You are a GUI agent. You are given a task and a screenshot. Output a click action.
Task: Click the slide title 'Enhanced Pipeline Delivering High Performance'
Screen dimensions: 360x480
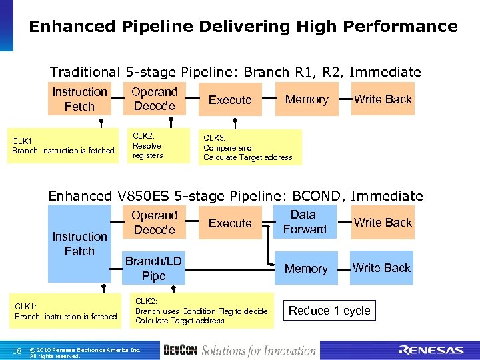pos(243,27)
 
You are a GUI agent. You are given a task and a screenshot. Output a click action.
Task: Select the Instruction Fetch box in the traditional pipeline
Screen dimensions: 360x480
pos(79,99)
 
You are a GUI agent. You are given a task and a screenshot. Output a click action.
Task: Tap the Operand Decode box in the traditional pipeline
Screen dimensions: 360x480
pos(154,99)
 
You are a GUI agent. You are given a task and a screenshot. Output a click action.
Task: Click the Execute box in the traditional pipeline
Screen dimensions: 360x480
pos(230,99)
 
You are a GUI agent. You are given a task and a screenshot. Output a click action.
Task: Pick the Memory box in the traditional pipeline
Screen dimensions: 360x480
pos(306,99)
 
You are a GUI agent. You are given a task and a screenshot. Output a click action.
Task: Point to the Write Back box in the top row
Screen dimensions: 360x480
pos(383,99)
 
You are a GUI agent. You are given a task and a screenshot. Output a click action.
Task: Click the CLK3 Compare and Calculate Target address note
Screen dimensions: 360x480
pos(248,147)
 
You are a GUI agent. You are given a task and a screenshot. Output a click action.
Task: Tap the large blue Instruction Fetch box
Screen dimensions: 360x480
pos(79,243)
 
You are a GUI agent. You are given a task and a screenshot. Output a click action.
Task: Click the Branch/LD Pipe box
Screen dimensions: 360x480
pos(154,268)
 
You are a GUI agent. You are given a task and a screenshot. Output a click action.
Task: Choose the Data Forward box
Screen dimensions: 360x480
pos(304,222)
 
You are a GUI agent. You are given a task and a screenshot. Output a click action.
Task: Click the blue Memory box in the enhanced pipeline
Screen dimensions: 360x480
pos(306,269)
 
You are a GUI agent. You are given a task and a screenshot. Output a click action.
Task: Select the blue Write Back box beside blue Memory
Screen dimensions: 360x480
pos(381,267)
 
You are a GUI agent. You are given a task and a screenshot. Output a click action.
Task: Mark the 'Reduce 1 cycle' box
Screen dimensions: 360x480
pos(329,311)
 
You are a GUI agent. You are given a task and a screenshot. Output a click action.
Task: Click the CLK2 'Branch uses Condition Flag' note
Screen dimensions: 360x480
pos(201,311)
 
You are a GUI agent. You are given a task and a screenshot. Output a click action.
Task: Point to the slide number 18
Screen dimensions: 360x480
pos(17,351)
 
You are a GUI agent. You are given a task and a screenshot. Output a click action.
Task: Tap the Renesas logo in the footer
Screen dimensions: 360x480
pos(430,351)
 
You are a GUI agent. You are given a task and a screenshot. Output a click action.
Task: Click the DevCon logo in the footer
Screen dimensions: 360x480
pos(179,351)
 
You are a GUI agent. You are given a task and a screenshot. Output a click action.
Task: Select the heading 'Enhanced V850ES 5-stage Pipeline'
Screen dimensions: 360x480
pos(235,196)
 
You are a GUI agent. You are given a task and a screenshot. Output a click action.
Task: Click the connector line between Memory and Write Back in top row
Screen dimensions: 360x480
pos(343,99)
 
